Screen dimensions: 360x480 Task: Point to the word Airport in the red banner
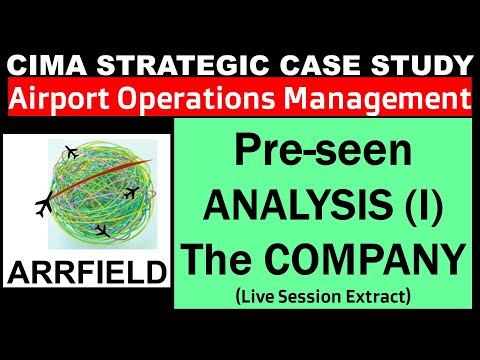coord(65,99)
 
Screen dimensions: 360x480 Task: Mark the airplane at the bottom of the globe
coord(100,231)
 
